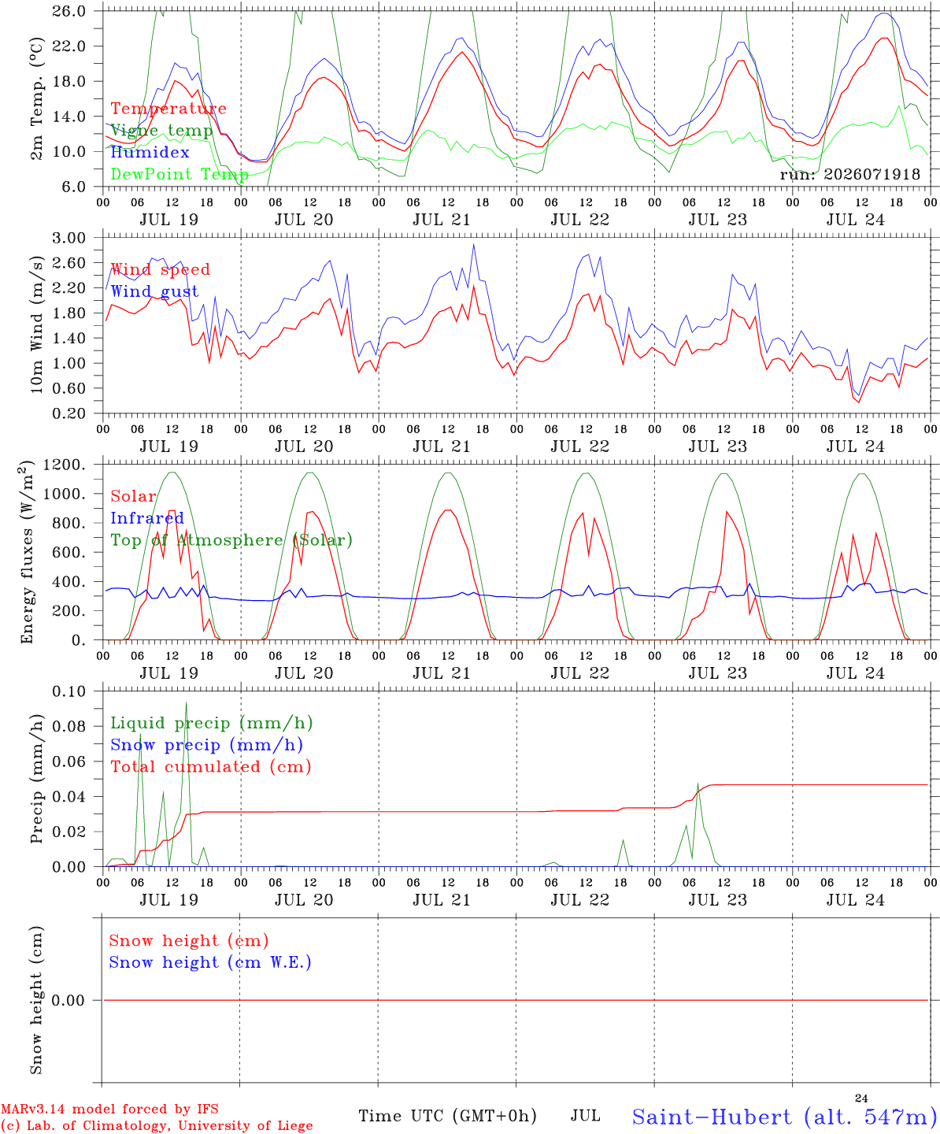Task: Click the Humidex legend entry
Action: (150, 152)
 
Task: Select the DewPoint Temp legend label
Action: (179, 174)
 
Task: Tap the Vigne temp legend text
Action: (161, 131)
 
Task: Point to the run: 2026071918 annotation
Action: (849, 174)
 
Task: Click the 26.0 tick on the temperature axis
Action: (68, 11)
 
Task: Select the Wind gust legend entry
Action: (155, 291)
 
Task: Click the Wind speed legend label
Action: (160, 269)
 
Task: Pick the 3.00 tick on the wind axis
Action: (68, 238)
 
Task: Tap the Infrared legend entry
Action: (147, 517)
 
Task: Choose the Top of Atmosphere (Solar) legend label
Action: (232, 540)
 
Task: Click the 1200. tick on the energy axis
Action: (64, 465)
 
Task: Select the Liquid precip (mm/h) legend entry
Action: (212, 723)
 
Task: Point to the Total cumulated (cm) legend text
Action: (211, 767)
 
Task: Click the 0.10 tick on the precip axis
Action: (68, 691)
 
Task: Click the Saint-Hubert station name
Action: (712, 1117)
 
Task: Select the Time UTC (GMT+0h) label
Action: (447, 1116)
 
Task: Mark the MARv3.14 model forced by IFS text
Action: (109, 1109)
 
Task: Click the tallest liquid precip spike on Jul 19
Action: (187, 702)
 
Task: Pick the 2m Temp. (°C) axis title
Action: (36, 99)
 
